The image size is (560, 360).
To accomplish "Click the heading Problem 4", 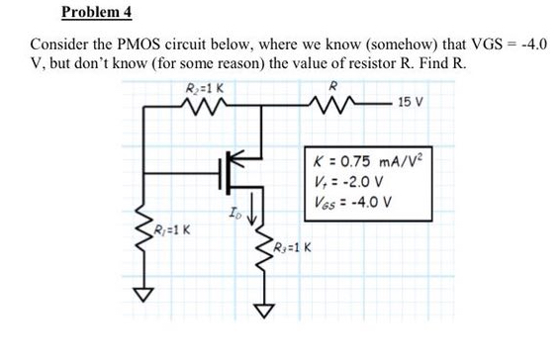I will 96,13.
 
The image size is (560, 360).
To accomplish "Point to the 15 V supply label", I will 410,102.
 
